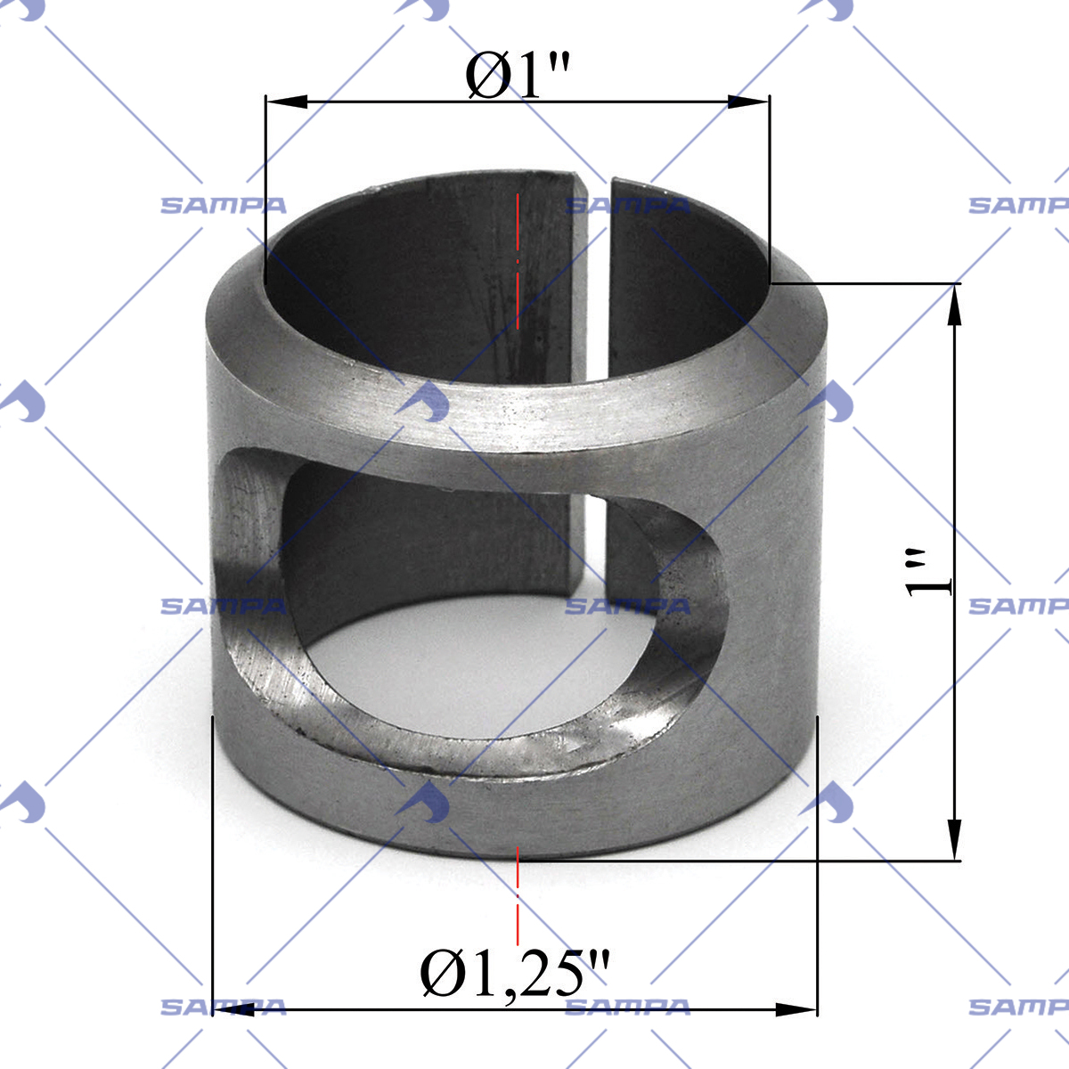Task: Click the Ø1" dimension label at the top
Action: [517, 77]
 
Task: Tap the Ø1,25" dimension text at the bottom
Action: [515, 974]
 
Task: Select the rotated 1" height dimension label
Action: [927, 573]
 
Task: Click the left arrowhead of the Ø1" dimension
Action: [286, 102]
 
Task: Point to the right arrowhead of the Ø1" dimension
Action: [748, 102]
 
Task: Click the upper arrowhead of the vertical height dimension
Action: [954, 306]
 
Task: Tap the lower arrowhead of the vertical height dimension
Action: [954, 840]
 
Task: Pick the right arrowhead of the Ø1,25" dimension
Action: [796, 1009]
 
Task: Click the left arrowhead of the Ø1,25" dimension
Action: [233, 1009]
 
